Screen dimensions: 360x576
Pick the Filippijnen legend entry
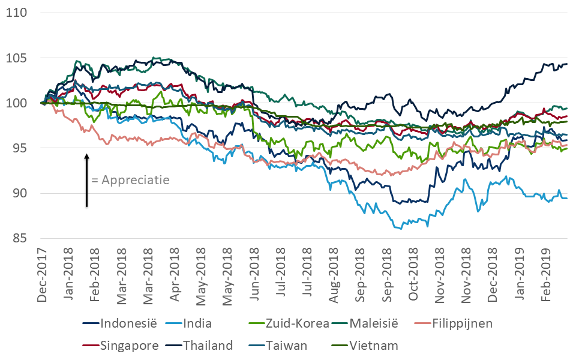click(460, 324)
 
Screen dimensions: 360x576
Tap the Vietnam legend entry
click(374, 346)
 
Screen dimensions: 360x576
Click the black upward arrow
click(86, 180)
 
